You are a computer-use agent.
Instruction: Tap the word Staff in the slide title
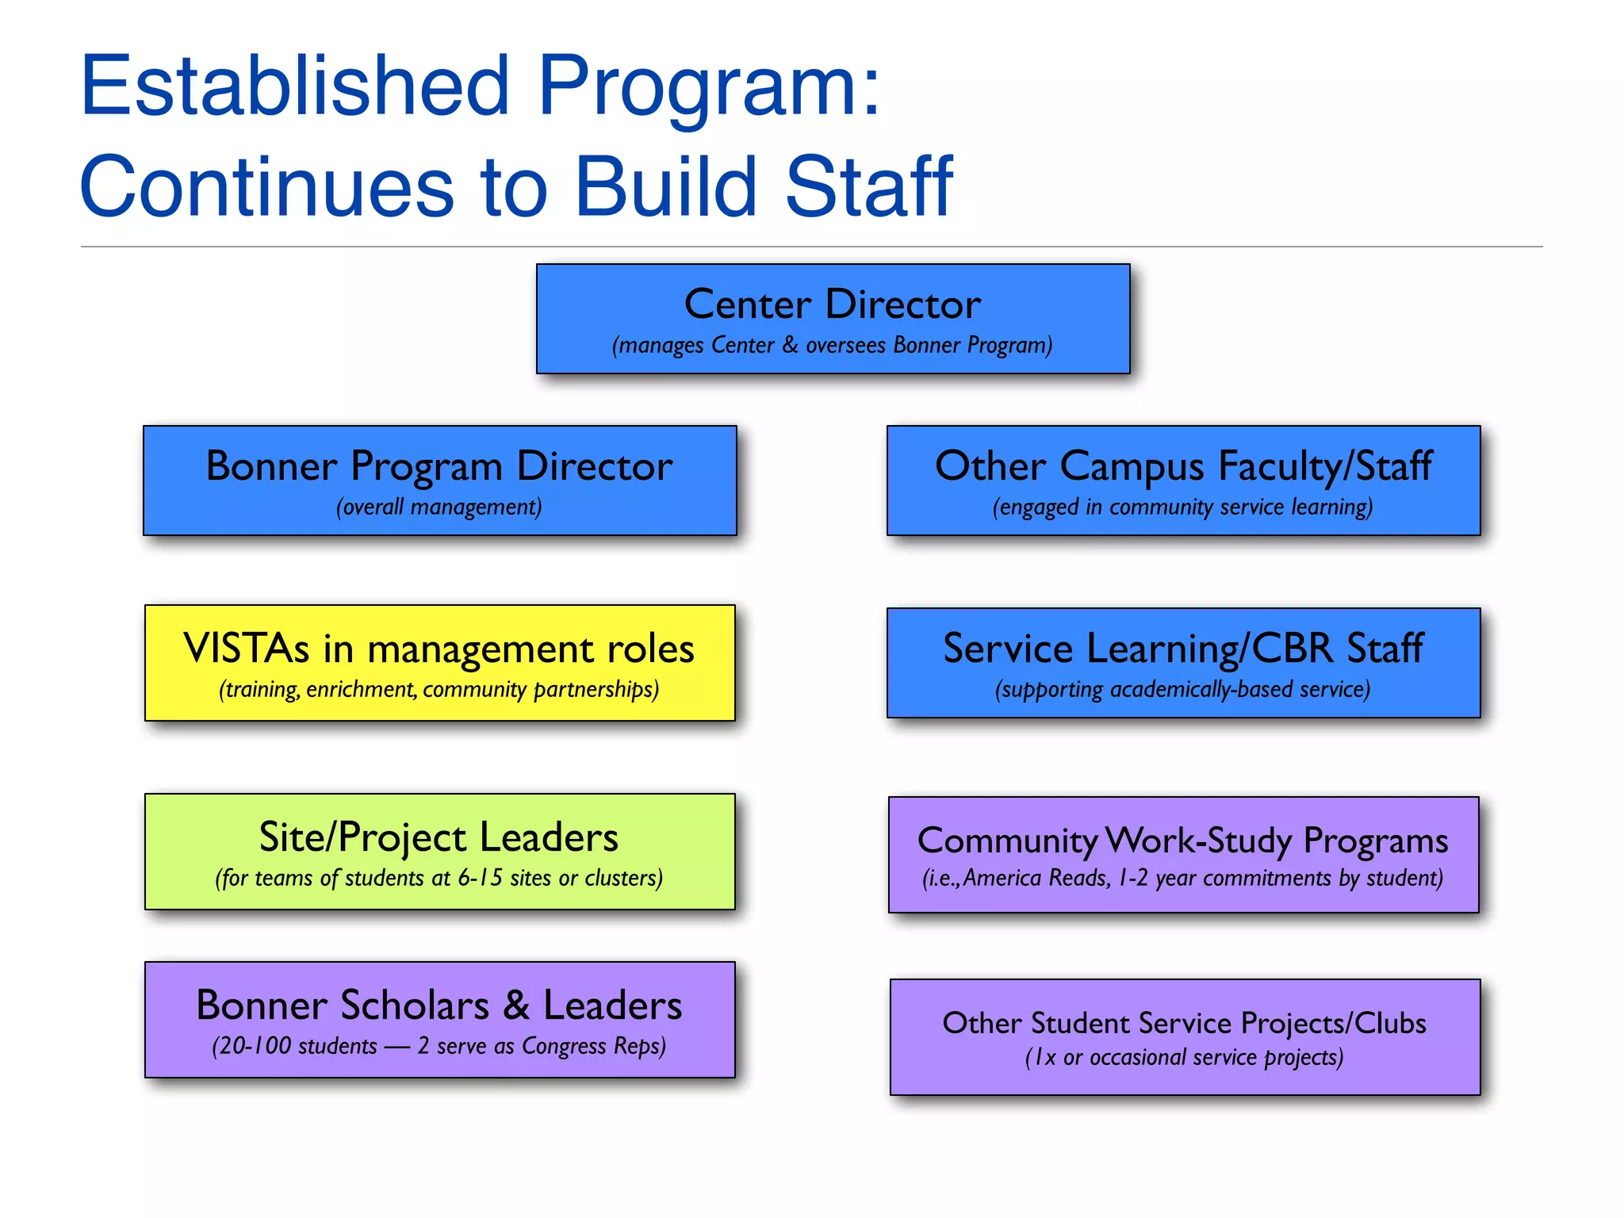coord(869,187)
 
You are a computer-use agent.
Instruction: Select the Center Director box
coord(833,319)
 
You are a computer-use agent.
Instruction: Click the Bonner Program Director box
coord(440,481)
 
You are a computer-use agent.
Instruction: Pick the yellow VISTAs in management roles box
coord(440,663)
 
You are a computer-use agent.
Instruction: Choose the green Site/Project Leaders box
coord(440,852)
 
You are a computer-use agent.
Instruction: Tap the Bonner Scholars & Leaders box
coord(440,1020)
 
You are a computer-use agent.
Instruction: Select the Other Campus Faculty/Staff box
coord(1183,481)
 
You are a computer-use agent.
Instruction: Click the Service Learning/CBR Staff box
coord(1183,663)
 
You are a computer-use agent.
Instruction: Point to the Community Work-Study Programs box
coord(1183,855)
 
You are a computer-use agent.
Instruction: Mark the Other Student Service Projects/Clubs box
coord(1185,1037)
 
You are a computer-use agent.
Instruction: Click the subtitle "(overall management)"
coord(439,507)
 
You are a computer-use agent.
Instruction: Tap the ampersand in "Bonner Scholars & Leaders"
coord(516,1005)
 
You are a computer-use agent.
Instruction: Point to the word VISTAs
coord(247,649)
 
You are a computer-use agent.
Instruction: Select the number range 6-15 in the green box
coord(481,879)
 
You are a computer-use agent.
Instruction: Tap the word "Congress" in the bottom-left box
coord(565,1047)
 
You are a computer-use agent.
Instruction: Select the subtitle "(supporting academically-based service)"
coord(1183,690)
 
